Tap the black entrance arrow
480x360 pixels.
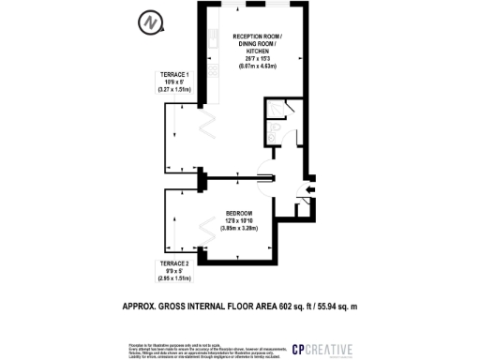pyautogui.click(x=311, y=189)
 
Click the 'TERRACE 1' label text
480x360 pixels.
pyautogui.click(x=175, y=73)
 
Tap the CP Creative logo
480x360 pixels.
pyautogui.click(x=322, y=350)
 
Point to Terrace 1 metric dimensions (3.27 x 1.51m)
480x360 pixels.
pyautogui.click(x=175, y=89)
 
